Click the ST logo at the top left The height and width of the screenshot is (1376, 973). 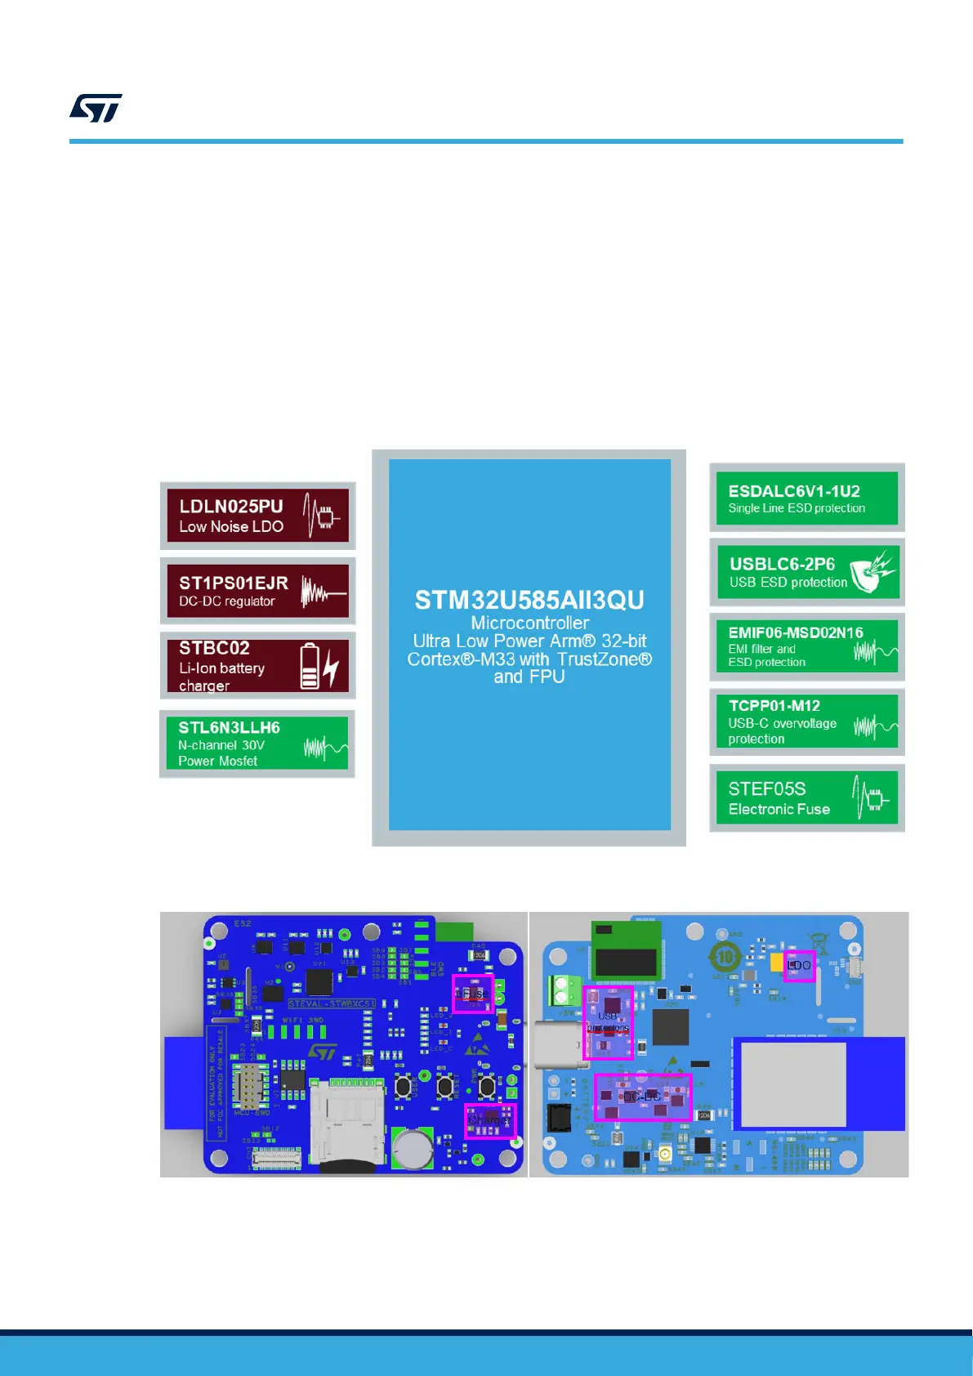tap(96, 108)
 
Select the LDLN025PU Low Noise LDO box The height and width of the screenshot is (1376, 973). tap(257, 516)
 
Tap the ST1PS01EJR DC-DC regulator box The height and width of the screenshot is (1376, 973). tap(257, 591)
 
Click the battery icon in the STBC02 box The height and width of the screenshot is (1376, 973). tap(310, 666)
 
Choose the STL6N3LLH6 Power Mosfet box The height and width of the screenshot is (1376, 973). tap(257, 744)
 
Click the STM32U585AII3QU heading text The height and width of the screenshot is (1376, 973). tap(529, 600)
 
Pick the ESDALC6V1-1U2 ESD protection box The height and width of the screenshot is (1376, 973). tap(806, 498)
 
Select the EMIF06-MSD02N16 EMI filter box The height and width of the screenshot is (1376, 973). tap(806, 646)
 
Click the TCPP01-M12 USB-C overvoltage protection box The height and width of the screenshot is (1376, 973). tap(806, 722)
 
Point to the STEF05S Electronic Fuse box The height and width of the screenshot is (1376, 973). tap(806, 798)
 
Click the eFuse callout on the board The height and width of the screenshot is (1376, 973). tap(473, 994)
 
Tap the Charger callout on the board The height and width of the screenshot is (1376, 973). tap(490, 1120)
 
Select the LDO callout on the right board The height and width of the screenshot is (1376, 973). tap(799, 966)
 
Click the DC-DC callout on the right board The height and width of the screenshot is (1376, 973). tap(643, 1097)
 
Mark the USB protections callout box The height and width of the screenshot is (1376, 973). tap(609, 1023)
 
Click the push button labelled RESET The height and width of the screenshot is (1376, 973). tap(487, 1087)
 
